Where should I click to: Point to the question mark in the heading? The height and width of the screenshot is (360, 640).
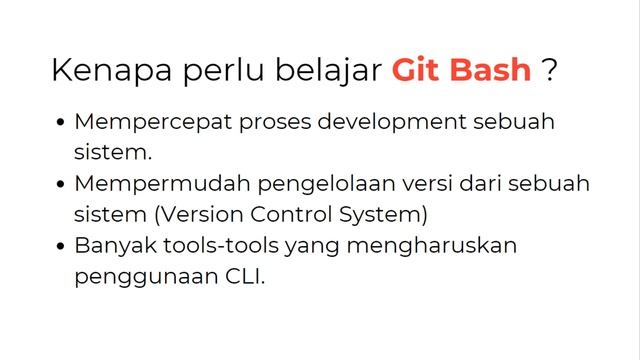[x=549, y=70]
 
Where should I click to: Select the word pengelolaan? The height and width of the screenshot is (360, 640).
[x=302, y=184]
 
